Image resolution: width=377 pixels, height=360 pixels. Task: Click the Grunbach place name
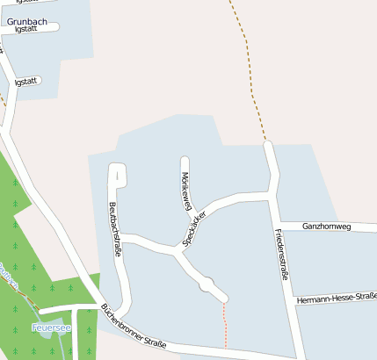[25, 14]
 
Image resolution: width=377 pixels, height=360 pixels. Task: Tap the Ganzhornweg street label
[326, 227]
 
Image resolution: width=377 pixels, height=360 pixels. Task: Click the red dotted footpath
[225, 323]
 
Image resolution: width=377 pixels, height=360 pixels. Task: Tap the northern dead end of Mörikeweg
[185, 161]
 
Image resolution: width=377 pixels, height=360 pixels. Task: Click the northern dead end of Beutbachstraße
[116, 167]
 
